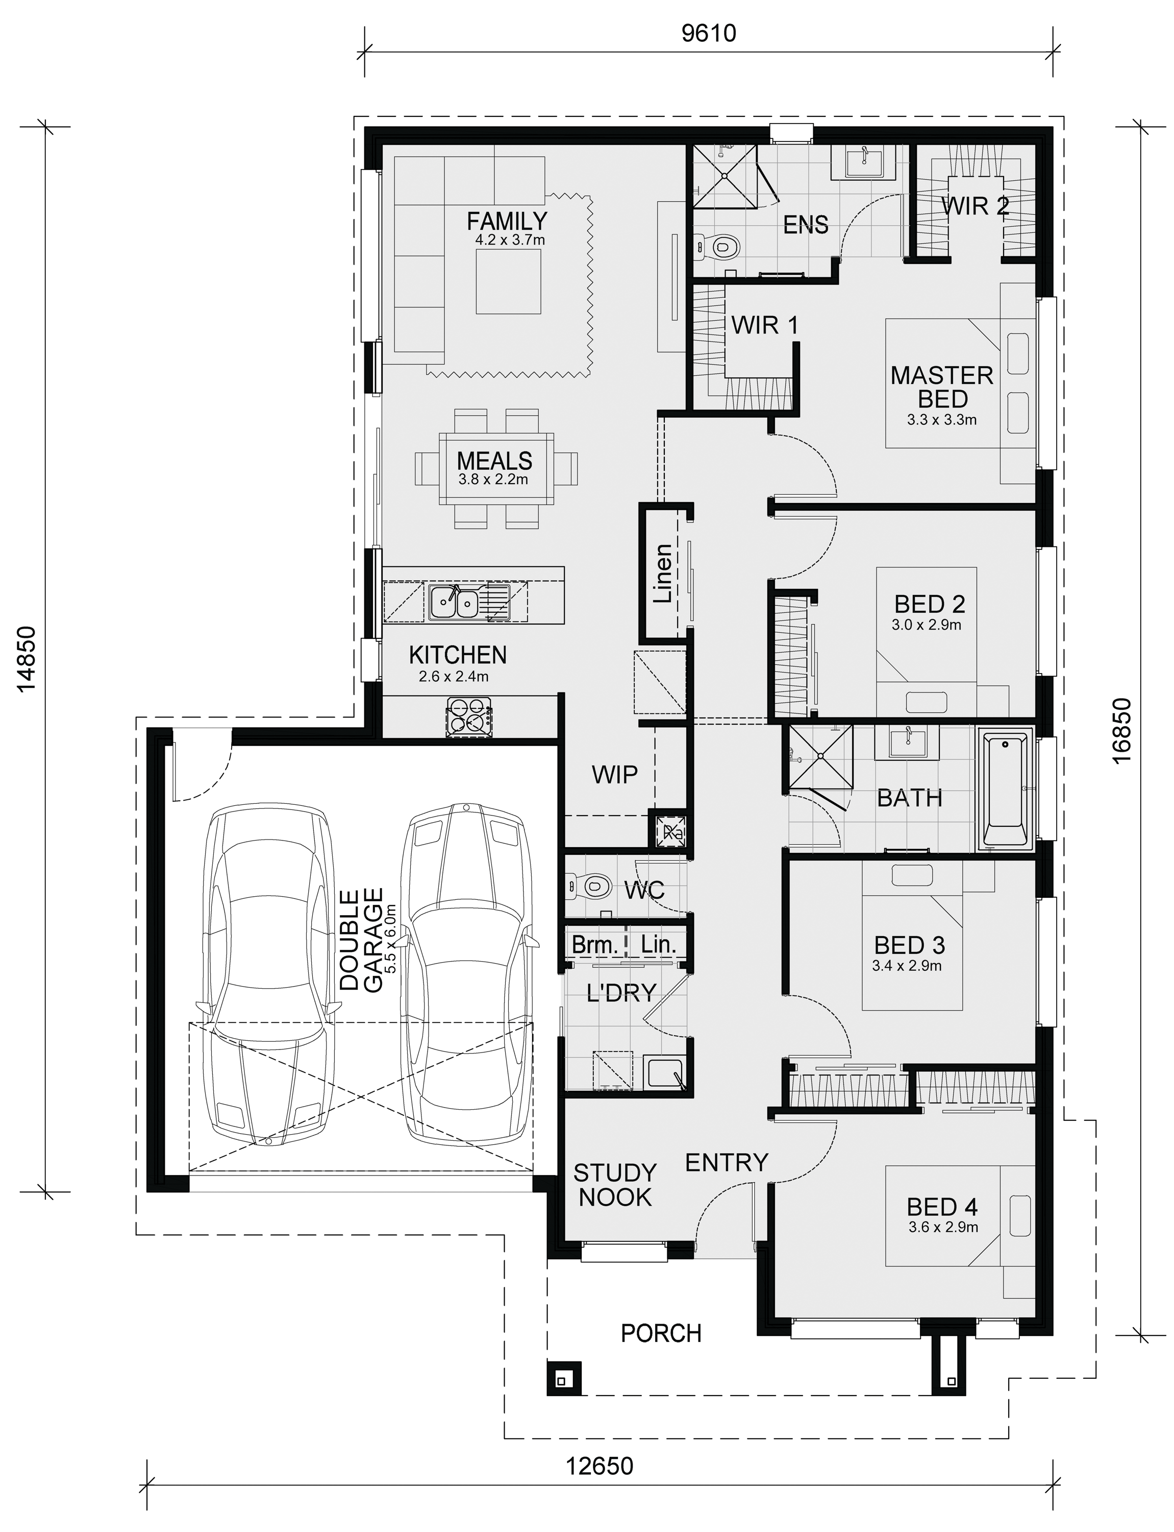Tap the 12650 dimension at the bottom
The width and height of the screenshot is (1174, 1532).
click(600, 1461)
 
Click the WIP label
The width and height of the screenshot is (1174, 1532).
click(614, 775)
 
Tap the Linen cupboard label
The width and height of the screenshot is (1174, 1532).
click(662, 573)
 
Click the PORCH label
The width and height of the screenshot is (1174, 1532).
click(661, 1333)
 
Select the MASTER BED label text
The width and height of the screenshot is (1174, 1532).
click(942, 388)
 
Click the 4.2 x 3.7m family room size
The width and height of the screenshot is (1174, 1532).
click(510, 241)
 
